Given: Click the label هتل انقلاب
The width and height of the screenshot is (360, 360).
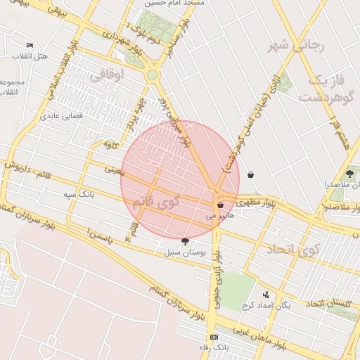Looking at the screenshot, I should (x=30, y=56).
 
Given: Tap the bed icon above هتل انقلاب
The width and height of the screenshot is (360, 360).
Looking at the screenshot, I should (x=29, y=44).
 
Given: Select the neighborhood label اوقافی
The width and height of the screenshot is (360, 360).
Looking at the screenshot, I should (x=127, y=73).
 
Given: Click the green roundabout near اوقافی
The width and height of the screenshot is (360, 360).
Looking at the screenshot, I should (x=152, y=75).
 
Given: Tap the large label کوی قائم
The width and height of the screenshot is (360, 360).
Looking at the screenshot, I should (x=155, y=203).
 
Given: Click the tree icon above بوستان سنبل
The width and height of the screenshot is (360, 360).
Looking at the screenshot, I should (x=185, y=241).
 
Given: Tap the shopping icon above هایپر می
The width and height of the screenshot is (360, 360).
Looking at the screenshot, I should (x=221, y=205).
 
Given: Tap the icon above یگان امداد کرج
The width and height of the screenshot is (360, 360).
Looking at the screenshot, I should (x=266, y=295).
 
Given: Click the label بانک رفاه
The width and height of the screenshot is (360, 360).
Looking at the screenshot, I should (x=214, y=347).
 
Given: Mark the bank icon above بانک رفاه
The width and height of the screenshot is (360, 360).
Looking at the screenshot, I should (x=214, y=337).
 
